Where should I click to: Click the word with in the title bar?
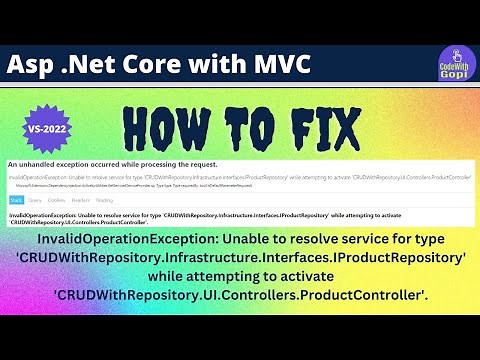click(225, 65)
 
